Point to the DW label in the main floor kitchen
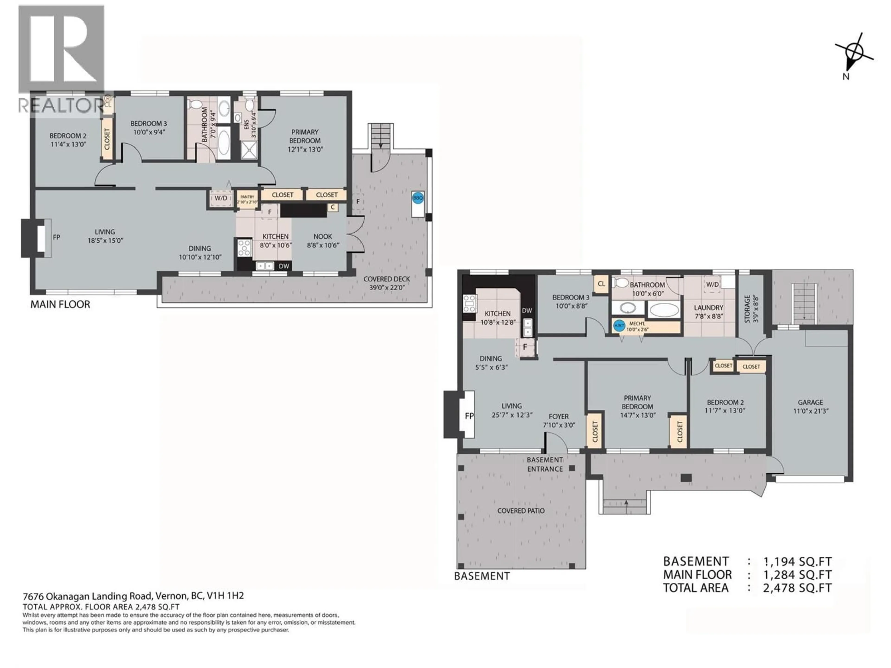click(284, 266)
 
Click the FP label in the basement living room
click(469, 416)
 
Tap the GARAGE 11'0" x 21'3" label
click(810, 406)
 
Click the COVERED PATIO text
click(521, 511)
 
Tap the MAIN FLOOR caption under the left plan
click(60, 304)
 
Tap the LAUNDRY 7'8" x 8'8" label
click(709, 312)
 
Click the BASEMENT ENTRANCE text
click(545, 464)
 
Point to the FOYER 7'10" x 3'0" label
click(559, 420)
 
